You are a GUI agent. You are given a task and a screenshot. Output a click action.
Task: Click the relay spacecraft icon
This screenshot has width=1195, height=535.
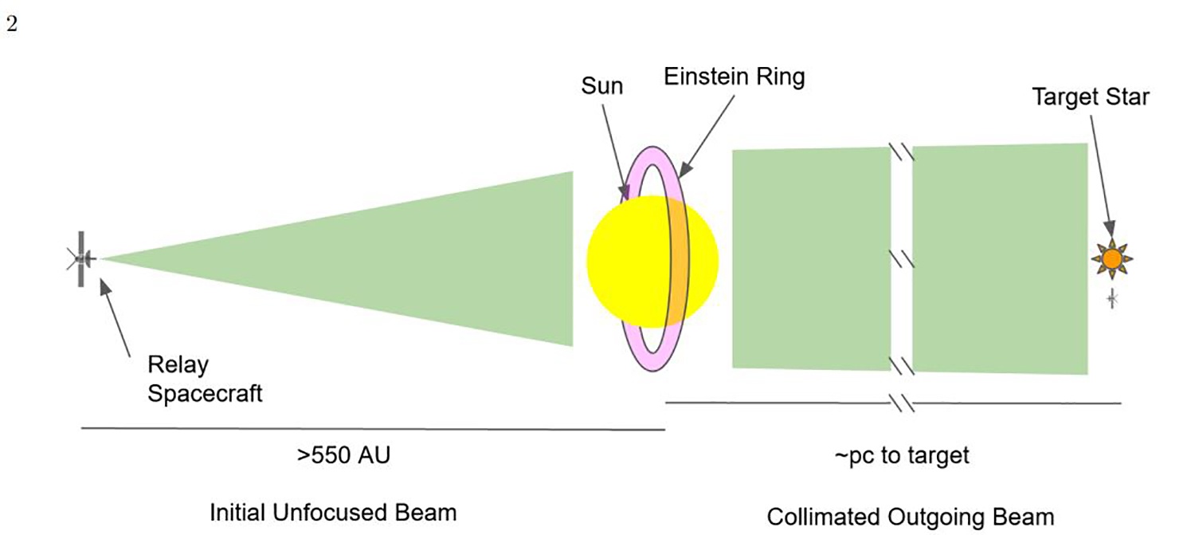click(81, 258)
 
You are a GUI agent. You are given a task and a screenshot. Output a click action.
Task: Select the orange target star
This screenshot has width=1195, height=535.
click(1112, 258)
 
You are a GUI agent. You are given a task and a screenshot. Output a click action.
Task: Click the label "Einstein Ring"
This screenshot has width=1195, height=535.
click(735, 77)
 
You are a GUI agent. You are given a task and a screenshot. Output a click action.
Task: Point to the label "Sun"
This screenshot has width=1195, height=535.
click(602, 85)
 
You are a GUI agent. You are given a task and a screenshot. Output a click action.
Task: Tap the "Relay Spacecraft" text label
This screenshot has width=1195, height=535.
click(204, 379)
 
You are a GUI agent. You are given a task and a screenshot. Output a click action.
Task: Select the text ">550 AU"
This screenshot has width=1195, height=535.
click(344, 457)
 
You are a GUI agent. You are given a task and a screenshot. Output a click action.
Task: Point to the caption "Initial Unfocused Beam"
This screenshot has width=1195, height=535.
click(333, 513)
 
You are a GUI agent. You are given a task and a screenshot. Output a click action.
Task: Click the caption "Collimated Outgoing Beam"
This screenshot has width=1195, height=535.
click(910, 517)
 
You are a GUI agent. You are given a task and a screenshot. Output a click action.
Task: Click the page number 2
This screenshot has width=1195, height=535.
click(11, 25)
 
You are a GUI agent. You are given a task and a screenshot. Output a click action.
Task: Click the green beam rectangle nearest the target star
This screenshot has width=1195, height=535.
click(1000, 259)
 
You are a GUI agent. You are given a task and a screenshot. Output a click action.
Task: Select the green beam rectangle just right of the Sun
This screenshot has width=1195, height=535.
click(811, 259)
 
